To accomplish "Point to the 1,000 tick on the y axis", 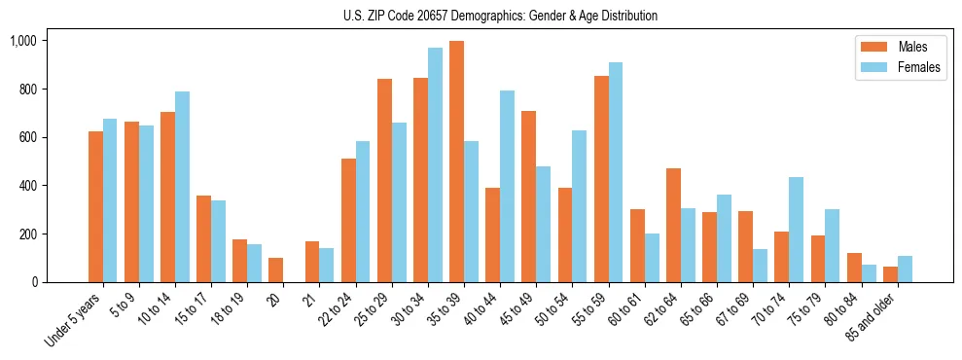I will coord(23,41).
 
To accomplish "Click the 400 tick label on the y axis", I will coord(26,186).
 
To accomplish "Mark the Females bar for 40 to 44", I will coord(507,186).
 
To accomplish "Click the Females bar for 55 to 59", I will coord(616,172).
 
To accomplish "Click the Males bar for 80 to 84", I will coord(854,268).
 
